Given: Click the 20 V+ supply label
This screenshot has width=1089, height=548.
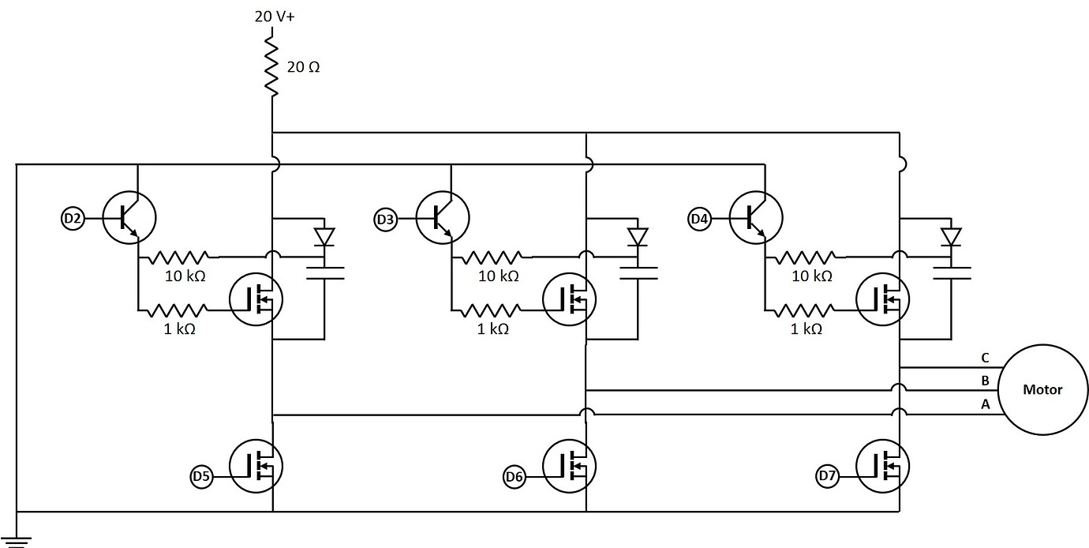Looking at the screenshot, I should (x=274, y=17).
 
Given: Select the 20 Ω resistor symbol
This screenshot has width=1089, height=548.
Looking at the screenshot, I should (x=272, y=67).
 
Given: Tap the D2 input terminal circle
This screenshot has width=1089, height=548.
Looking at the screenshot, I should (x=73, y=218).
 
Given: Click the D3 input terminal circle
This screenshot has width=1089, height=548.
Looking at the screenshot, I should (x=385, y=219).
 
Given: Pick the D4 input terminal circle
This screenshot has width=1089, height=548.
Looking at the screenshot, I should (x=699, y=218).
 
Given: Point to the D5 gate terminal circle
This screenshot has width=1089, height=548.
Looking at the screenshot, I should (x=202, y=476).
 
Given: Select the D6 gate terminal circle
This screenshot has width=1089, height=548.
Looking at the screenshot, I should (x=515, y=476).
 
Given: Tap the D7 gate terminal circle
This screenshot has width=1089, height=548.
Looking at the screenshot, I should (x=828, y=476).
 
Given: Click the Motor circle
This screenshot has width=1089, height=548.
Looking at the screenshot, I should (x=1042, y=389).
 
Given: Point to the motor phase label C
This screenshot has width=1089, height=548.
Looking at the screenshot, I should (x=985, y=358).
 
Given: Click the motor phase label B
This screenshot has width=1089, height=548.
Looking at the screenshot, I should (x=985, y=381).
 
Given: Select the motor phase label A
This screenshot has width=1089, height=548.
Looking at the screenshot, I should (x=985, y=403).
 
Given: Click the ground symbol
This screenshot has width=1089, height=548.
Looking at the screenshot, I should (x=17, y=541).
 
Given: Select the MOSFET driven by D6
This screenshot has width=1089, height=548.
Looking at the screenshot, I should (x=570, y=467).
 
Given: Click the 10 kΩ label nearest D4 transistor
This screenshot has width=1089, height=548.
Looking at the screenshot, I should (x=812, y=276).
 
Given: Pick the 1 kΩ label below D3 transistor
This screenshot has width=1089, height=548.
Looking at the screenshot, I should (x=493, y=329).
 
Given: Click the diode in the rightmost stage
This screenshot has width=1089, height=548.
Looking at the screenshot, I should (x=952, y=236).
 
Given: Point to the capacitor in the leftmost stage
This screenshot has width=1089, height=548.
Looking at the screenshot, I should (x=324, y=273).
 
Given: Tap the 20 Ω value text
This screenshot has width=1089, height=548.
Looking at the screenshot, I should (x=303, y=68).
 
